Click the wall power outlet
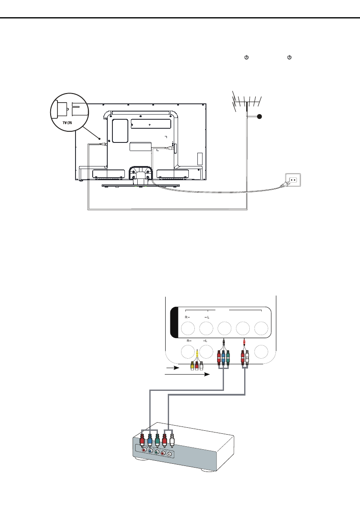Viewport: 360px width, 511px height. (293, 180)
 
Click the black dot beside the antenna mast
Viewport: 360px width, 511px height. (259, 116)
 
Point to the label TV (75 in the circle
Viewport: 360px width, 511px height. (67, 123)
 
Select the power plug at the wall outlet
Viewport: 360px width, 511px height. (283, 185)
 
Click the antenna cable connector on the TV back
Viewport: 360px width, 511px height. (102, 144)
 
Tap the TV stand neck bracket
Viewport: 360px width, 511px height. (140, 173)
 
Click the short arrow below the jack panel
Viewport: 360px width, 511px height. (172, 368)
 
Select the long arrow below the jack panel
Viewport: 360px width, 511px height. (187, 375)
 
